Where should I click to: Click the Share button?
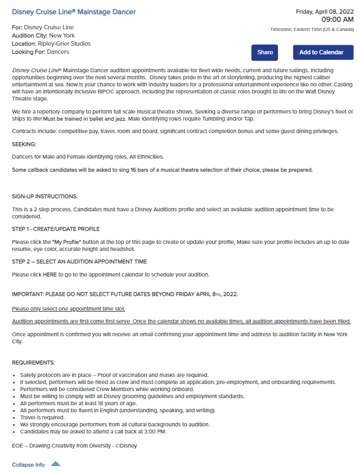[265, 53]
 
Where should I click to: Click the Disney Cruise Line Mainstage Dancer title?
[74, 12]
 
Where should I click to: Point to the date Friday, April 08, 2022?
[325, 11]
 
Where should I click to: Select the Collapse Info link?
[28, 465]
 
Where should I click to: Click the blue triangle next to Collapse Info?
[55, 464]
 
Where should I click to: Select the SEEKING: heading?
[24, 144]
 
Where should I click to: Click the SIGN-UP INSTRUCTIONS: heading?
[45, 196]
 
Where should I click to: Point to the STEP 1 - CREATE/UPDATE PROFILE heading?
[56, 229]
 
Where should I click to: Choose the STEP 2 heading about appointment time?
[79, 261]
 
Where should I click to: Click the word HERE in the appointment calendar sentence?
[49, 274]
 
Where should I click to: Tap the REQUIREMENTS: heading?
[33, 362]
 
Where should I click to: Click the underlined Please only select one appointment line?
[68, 309]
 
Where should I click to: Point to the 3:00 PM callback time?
[155, 432]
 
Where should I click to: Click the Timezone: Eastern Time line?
[312, 29]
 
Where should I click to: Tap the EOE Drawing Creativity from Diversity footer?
[74, 445]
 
